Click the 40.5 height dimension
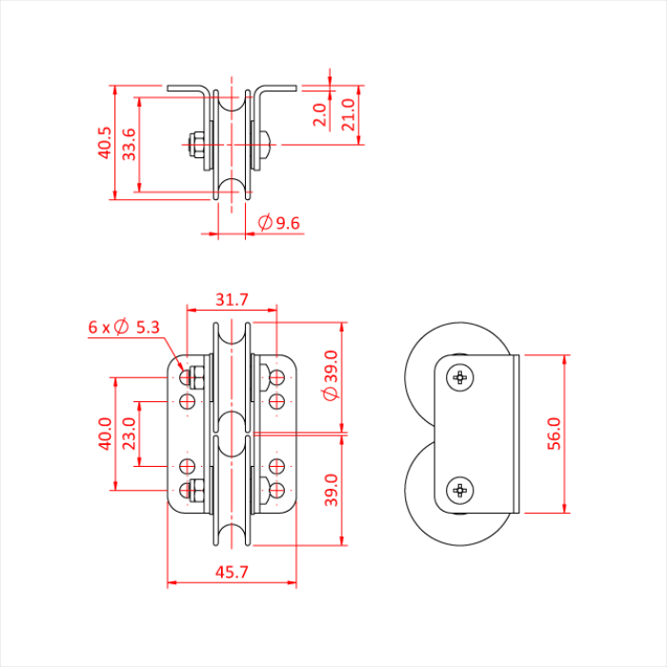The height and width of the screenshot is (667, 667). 105,143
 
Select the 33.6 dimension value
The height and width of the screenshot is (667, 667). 129,144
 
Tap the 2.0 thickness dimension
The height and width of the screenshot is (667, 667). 320,114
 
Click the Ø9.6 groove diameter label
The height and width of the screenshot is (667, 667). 279,223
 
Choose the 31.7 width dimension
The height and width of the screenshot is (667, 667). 232,299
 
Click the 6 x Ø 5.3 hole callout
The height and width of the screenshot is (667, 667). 124,327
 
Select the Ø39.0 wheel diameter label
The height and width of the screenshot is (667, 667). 330,379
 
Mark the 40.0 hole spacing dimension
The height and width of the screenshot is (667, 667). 105,434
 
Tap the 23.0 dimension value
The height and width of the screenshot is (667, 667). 129,434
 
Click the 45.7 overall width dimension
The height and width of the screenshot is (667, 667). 232,573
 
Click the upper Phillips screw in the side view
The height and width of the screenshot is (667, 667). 461,378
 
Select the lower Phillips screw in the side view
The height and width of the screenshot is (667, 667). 461,490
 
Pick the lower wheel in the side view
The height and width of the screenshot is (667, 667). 419,495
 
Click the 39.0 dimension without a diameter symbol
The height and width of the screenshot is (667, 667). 330,490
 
